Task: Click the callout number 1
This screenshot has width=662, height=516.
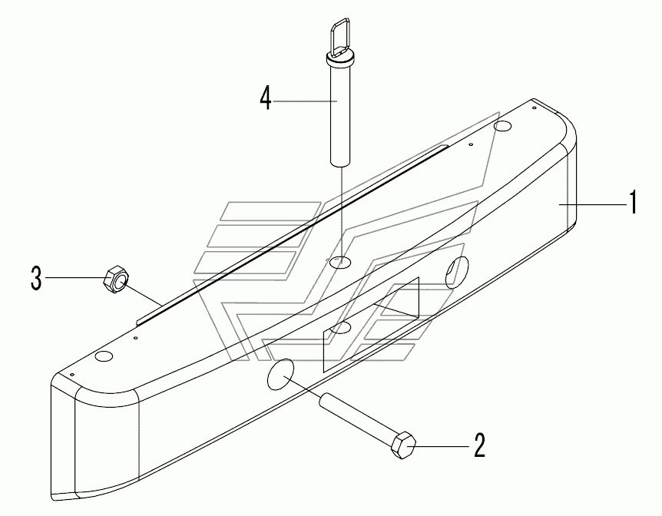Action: tap(634, 204)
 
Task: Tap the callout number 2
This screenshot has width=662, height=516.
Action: tap(478, 445)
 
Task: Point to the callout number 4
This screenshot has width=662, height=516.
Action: tap(265, 100)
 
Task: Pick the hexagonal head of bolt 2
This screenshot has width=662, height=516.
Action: tap(403, 445)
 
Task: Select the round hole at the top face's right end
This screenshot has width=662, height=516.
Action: tap(504, 125)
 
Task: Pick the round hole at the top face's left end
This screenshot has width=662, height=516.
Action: tap(104, 356)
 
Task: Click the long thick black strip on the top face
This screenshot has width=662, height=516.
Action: tap(292, 230)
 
